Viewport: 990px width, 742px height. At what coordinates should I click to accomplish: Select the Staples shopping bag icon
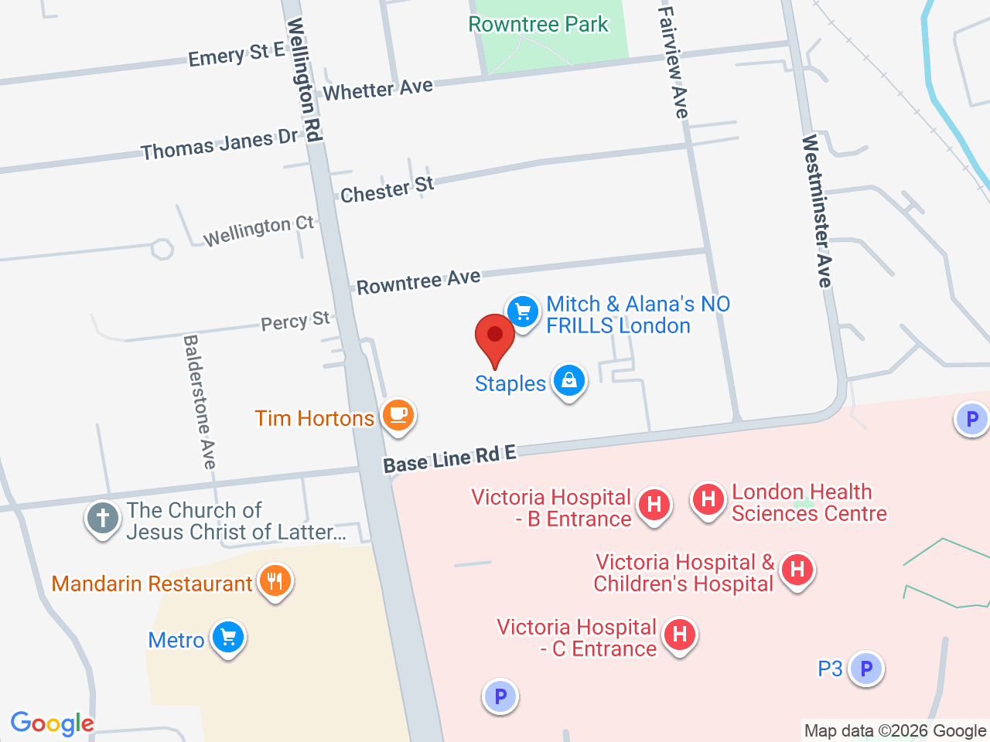point(569,380)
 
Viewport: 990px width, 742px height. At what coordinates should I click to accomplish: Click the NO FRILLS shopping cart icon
point(523,312)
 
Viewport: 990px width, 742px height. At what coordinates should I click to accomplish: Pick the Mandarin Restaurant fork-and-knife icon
point(275,580)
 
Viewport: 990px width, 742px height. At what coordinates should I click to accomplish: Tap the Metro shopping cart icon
point(228,638)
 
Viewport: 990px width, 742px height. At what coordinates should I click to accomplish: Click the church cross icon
point(103,519)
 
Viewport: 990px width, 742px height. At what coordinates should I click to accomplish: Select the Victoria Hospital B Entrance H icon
point(654,505)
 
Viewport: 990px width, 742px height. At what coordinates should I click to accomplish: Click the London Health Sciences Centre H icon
point(708,499)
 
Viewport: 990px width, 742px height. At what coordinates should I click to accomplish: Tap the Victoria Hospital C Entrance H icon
point(680,635)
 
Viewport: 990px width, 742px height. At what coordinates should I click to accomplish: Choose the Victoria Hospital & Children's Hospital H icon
point(797,570)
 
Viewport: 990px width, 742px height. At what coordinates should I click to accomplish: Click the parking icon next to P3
point(866,669)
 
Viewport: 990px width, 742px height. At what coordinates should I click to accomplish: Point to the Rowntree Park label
point(538,25)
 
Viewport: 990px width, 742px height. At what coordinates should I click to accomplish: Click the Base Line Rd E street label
point(449,459)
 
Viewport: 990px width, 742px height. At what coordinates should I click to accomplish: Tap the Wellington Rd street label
point(304,80)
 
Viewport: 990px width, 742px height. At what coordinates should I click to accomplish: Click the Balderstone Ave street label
point(200,401)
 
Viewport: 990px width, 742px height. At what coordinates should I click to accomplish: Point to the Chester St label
point(387,189)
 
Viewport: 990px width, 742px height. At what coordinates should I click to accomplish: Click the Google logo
point(52,723)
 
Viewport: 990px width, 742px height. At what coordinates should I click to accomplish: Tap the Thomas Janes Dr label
point(219,144)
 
